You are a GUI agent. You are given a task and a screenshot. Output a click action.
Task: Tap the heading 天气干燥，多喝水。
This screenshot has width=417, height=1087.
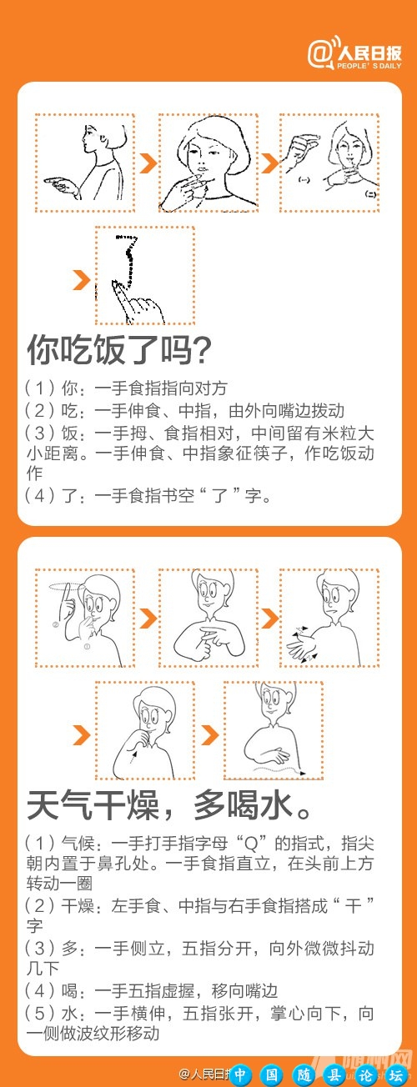click(x=170, y=806)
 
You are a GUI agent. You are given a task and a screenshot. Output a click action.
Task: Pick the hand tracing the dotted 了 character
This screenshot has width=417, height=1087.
click(x=144, y=275)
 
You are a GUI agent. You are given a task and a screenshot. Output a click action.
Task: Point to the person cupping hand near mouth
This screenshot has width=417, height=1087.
click(x=144, y=731)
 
